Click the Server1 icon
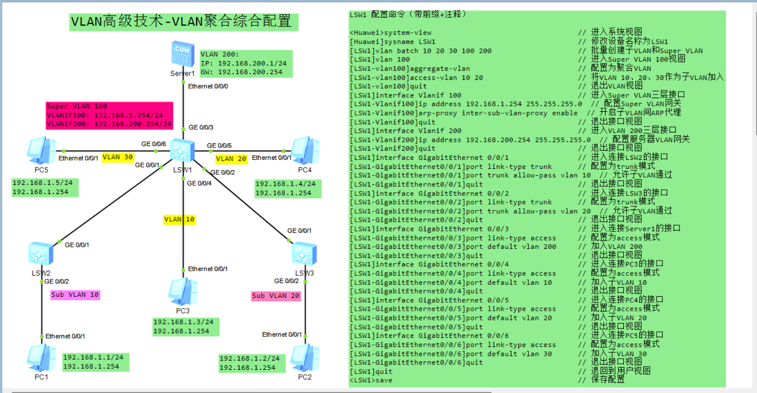click(183, 54)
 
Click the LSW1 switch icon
click(182, 151)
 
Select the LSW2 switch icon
click(41, 254)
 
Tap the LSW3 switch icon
click(304, 254)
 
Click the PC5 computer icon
click(41, 151)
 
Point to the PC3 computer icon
click(183, 292)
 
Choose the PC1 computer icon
click(41, 358)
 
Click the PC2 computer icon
click(305, 358)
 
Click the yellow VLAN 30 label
click(118, 157)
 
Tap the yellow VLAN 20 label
click(231, 159)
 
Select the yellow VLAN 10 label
click(179, 220)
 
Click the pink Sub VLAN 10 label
click(75, 295)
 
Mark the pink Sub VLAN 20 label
click(276, 296)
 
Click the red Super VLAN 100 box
click(109, 115)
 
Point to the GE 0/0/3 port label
click(201, 127)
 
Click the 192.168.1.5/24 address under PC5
click(42, 183)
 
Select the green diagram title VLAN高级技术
click(183, 21)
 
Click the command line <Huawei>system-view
click(390, 33)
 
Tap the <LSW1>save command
click(371, 380)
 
